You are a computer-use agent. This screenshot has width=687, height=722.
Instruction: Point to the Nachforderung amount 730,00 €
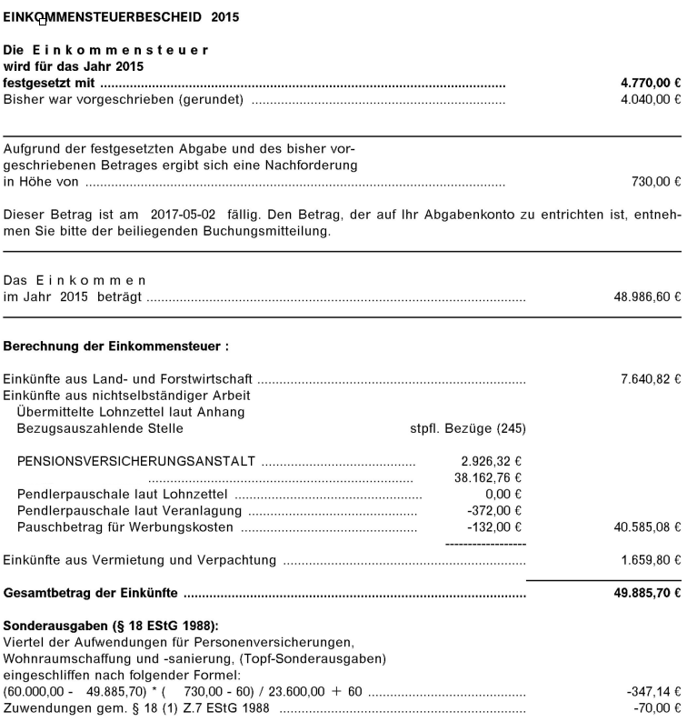pyautogui.click(x=655, y=182)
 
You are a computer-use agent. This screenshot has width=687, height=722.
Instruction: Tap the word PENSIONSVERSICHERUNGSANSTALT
pyautogui.click(x=136, y=461)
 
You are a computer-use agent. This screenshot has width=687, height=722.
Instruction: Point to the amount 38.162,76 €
pyautogui.click(x=489, y=477)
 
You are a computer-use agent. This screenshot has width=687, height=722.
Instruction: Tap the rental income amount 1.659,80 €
pyautogui.click(x=650, y=560)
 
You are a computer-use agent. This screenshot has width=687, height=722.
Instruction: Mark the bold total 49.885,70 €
pyautogui.click(x=645, y=594)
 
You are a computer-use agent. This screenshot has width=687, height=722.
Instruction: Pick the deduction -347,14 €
pyautogui.click(x=653, y=692)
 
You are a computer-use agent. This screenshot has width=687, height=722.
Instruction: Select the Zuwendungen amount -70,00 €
pyautogui.click(x=657, y=708)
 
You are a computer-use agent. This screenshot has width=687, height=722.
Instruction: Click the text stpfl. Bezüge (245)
pyautogui.click(x=468, y=428)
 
